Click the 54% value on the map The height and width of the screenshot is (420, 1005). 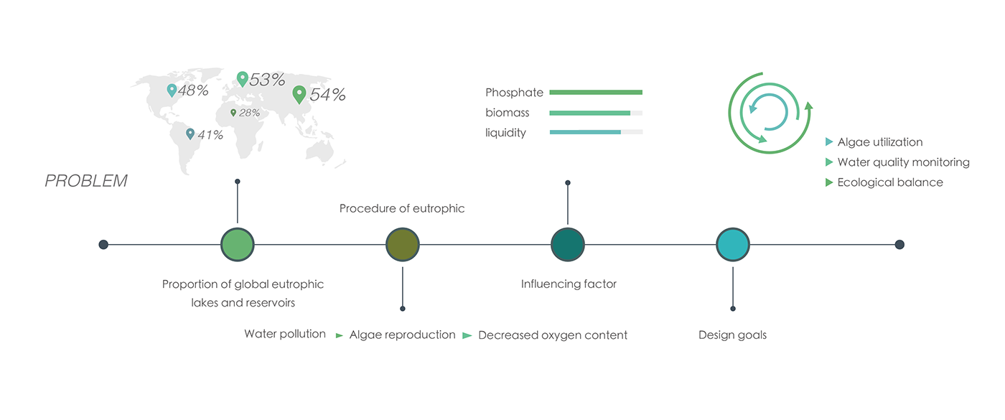tap(327, 95)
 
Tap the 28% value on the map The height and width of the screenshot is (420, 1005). tap(250, 113)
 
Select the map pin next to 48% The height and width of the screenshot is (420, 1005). tap(172, 90)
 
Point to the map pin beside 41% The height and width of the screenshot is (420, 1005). tap(190, 134)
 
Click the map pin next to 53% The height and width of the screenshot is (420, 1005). tap(242, 78)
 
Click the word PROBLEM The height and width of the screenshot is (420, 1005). tap(86, 182)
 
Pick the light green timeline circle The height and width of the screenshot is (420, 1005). tap(238, 245)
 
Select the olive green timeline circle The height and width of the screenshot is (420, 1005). tap(403, 245)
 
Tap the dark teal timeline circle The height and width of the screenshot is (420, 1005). tap(568, 245)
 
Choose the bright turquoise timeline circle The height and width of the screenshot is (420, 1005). tap(733, 245)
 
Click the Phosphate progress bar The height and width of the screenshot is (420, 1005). tap(596, 93)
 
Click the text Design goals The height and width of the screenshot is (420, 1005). tap(732, 335)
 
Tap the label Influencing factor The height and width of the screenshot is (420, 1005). tap(569, 284)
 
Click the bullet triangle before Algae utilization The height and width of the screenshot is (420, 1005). tap(830, 142)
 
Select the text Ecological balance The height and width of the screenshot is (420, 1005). tap(890, 182)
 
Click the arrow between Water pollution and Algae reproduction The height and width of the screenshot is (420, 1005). tap(340, 335)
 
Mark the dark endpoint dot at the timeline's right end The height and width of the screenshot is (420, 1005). tap(899, 245)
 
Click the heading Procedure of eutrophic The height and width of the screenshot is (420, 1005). tap(402, 209)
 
